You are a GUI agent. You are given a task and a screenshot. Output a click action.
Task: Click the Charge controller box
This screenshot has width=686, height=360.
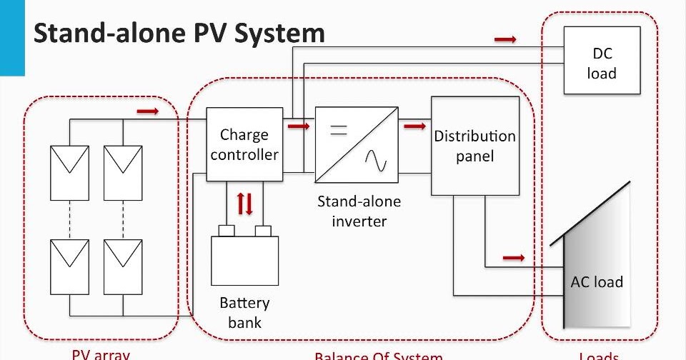(244, 144)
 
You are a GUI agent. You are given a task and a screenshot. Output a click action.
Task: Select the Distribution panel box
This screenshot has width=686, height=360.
(474, 146)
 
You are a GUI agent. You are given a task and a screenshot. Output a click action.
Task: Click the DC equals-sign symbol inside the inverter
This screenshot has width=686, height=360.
(337, 130)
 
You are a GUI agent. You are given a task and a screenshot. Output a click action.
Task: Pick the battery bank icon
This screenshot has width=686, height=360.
(244, 259)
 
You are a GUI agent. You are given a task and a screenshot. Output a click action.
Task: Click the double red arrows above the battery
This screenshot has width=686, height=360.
(244, 205)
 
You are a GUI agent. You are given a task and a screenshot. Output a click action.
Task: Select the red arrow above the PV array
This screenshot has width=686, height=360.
(148, 111)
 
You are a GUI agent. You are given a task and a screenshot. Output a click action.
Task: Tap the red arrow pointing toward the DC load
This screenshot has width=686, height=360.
(505, 39)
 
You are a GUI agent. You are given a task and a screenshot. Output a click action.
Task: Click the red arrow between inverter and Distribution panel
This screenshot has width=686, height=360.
(414, 126)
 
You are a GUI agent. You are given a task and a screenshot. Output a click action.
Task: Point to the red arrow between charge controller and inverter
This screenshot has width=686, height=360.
(298, 126)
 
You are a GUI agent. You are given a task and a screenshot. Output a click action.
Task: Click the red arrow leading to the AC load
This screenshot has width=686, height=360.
(513, 256)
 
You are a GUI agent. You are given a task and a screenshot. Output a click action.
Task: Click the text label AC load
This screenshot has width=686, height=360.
(596, 281)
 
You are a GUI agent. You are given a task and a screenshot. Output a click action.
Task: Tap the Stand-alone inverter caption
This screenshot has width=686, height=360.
(359, 211)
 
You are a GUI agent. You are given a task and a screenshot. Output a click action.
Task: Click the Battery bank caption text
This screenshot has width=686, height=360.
(244, 312)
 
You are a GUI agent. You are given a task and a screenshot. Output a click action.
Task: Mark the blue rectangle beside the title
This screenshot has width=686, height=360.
(12, 37)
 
